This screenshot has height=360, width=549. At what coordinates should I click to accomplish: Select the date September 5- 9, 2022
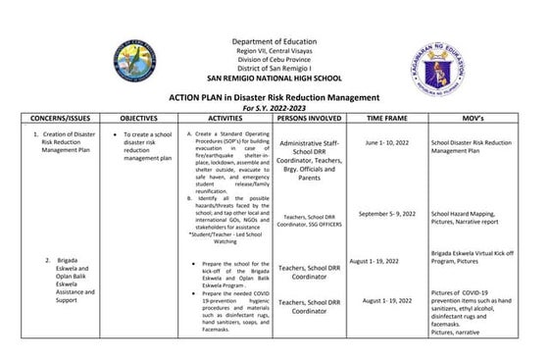point(387,213)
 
